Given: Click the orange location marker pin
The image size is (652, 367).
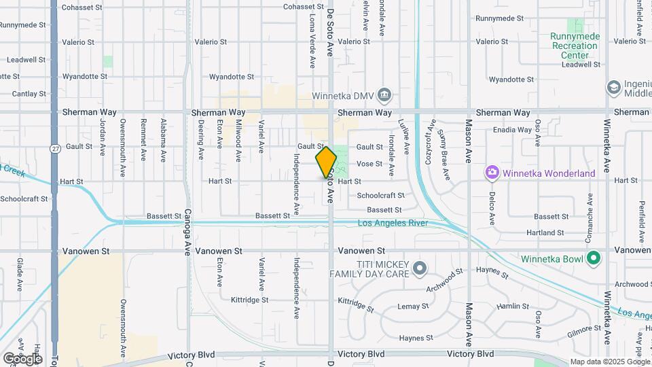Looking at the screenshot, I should [x=326, y=162].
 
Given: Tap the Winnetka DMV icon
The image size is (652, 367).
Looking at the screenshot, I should [x=384, y=94].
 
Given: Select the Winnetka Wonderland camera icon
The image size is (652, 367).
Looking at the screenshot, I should [x=492, y=173].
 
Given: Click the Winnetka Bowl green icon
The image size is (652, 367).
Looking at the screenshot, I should [x=594, y=258].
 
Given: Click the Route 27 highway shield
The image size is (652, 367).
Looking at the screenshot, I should [x=54, y=147].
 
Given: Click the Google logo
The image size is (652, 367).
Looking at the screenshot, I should [x=22, y=358].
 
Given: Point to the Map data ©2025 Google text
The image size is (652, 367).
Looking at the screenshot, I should [x=609, y=362].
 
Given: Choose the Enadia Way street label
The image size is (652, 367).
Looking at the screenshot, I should [x=513, y=130].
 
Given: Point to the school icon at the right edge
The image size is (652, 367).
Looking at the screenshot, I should [x=614, y=87].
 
